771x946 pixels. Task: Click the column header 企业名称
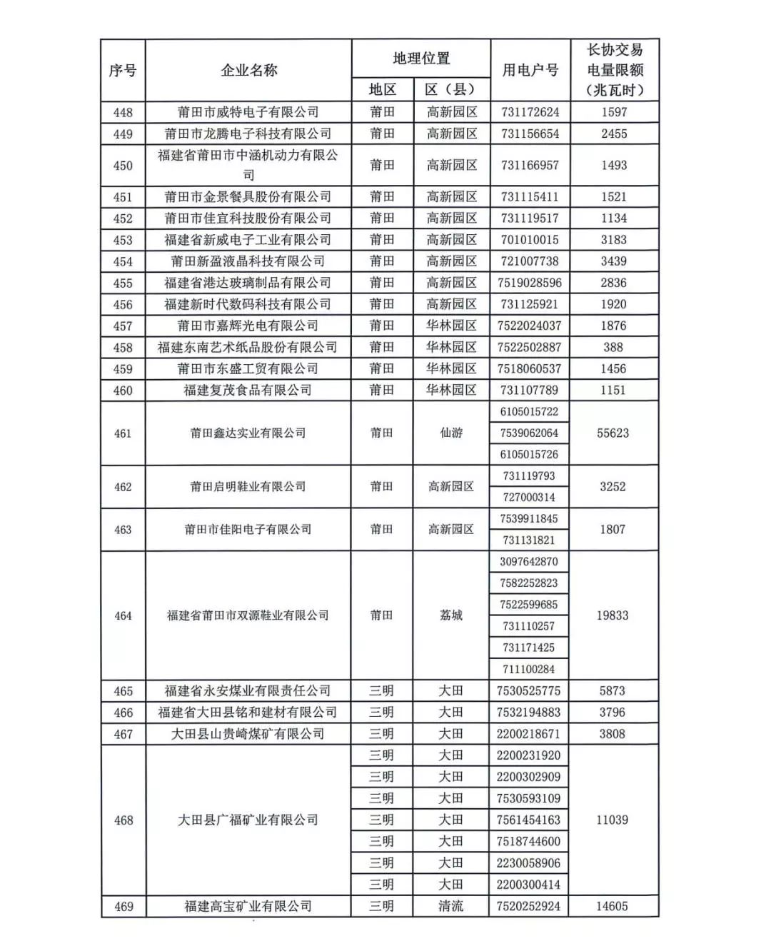(248, 70)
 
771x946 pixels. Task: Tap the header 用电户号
(530, 70)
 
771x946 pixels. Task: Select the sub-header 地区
(382, 89)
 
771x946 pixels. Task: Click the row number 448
(123, 112)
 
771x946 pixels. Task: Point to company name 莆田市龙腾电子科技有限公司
(248, 134)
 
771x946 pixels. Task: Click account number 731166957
(530, 165)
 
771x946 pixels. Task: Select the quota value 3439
(613, 261)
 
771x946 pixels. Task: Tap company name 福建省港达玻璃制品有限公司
(248, 283)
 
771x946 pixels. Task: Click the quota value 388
(613, 347)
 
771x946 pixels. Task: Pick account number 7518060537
(530, 368)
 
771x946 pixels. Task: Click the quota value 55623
(613, 433)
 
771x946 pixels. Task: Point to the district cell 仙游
(451, 433)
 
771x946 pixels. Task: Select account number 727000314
(530, 497)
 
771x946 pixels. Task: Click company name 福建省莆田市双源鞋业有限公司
(248, 615)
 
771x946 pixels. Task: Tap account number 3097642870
(530, 561)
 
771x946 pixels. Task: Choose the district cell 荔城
(451, 615)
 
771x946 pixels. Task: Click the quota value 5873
(613, 690)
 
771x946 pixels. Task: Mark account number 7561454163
(529, 820)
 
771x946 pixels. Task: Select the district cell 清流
(451, 906)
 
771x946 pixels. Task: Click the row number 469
(124, 906)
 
